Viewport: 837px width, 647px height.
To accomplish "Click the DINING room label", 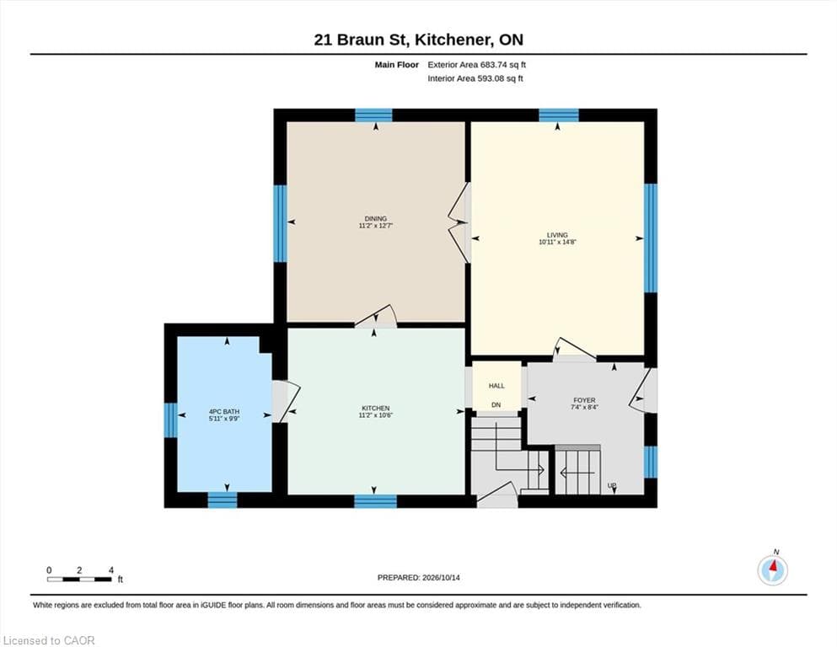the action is coord(376,219).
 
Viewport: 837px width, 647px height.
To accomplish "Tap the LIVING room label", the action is coord(557,235).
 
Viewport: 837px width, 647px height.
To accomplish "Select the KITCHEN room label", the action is coord(376,408).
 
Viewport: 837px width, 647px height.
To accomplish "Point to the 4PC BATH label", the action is coord(224,412).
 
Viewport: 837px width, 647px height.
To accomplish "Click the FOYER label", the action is coord(584,400).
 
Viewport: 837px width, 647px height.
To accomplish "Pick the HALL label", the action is coord(496,386).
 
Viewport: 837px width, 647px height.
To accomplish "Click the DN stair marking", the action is coord(496,405).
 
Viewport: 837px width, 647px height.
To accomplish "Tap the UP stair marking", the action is coord(612,485).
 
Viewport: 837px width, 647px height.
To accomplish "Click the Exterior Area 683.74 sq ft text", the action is coord(477,65).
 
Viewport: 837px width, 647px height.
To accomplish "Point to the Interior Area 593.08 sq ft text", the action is coord(475,78).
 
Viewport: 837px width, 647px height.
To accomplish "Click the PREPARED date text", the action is coord(418,578).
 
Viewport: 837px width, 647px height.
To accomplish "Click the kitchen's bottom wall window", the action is coord(376,501).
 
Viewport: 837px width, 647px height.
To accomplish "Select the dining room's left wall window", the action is coord(280,223).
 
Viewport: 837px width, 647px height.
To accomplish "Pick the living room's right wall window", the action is coord(651,238).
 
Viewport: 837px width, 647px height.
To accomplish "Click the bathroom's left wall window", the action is coord(170,420).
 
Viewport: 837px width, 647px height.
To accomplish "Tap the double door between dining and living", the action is coord(460,222).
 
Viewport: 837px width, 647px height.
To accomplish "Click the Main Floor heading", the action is coord(397,65).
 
